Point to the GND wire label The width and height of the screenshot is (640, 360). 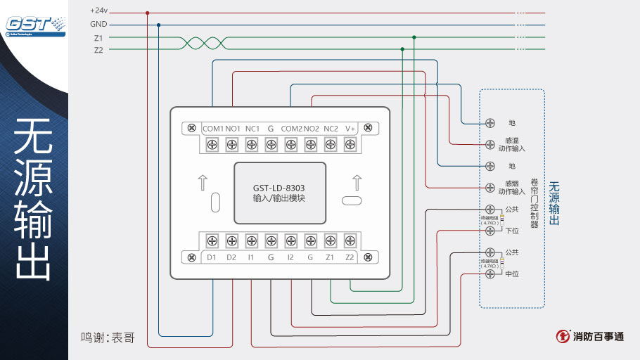tap(98, 24)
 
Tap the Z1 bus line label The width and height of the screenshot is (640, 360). tap(98, 37)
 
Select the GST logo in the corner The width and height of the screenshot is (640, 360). tap(34, 24)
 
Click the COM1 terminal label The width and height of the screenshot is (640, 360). tap(212, 129)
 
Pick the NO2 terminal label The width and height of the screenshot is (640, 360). tap(312, 129)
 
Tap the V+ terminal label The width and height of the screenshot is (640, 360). tap(350, 129)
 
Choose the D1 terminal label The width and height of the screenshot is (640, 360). tap(212, 257)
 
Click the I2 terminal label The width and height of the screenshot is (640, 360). tap(290, 257)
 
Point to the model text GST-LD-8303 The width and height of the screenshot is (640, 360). tap(279, 188)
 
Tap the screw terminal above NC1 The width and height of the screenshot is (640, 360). tap(251, 144)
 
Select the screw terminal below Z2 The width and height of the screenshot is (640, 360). tap(350, 241)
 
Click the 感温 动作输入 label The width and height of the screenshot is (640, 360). tap(512, 145)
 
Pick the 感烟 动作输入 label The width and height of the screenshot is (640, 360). tap(512, 188)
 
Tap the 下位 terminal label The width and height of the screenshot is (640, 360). tap(512, 231)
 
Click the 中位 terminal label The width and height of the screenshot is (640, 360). tap(512, 274)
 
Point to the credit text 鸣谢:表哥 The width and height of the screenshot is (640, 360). tap(108, 337)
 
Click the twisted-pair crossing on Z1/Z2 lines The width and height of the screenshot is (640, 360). tap(196, 44)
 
